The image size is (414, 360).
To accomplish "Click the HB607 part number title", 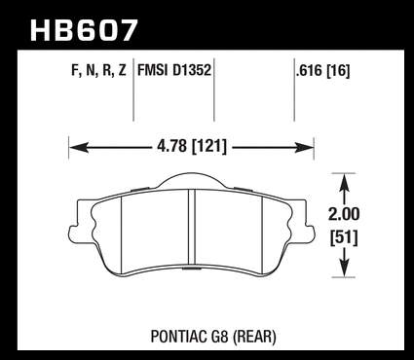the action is (84, 30).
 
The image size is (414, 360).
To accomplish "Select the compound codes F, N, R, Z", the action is (98, 71).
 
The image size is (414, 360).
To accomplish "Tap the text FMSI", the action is (153, 70).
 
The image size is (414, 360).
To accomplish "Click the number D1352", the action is (192, 70).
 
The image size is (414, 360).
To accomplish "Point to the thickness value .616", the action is (310, 70).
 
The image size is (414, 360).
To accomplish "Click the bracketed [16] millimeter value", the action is (338, 71).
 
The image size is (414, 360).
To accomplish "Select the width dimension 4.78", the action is (172, 147).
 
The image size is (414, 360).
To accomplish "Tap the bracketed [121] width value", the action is (209, 147).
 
